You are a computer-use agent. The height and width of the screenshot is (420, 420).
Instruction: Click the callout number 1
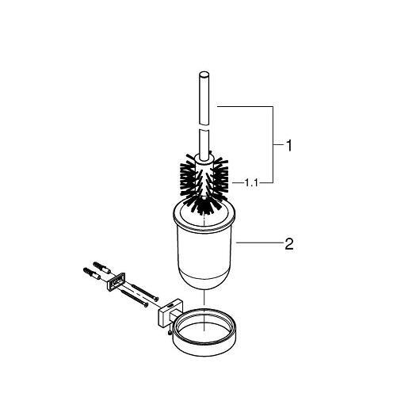(x=288, y=146)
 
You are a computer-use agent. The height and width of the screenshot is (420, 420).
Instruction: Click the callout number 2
(x=289, y=244)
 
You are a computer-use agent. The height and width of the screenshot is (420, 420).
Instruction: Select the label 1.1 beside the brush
(x=251, y=183)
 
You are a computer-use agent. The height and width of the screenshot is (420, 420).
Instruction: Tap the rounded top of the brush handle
(x=204, y=74)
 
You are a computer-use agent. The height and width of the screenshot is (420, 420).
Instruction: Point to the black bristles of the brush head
(x=204, y=182)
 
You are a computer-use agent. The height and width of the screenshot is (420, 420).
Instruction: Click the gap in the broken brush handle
(x=204, y=127)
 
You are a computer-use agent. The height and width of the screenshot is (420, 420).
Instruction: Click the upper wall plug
(x=102, y=267)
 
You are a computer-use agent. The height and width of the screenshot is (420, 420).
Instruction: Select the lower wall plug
(x=92, y=273)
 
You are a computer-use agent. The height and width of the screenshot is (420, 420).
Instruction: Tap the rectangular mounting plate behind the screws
(x=116, y=281)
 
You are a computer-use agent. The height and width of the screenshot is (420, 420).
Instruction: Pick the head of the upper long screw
(x=157, y=299)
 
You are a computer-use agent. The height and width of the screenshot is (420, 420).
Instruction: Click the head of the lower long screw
(x=146, y=304)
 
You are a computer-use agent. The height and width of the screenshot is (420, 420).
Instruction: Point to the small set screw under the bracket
(x=170, y=333)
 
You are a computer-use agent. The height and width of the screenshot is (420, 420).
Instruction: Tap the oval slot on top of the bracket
(x=170, y=305)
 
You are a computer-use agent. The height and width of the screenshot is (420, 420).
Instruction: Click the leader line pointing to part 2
(x=260, y=242)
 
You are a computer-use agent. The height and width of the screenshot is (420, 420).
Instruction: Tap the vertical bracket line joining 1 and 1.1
(x=273, y=145)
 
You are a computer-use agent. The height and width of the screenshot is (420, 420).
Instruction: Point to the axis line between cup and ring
(x=204, y=297)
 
